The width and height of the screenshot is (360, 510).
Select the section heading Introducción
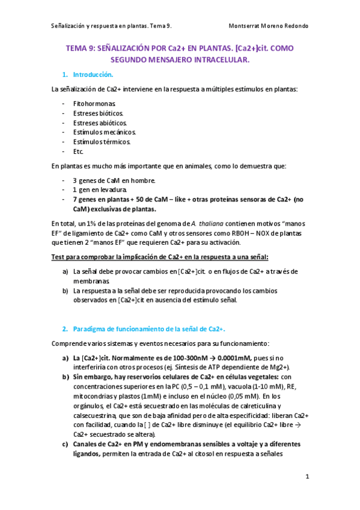[x=93, y=75]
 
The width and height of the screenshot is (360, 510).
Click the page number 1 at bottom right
[x=307, y=477]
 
